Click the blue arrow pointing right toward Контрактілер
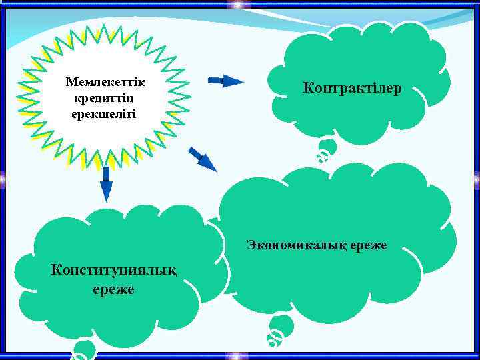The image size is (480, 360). click(226, 81)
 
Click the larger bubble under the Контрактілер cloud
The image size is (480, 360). click(327, 147)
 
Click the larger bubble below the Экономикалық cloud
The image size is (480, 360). click(281, 326)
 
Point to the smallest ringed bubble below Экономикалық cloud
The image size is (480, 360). click(273, 340)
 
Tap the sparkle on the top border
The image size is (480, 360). click(239, 5)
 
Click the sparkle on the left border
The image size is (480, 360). click(3, 179)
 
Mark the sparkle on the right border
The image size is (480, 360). click(477, 179)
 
